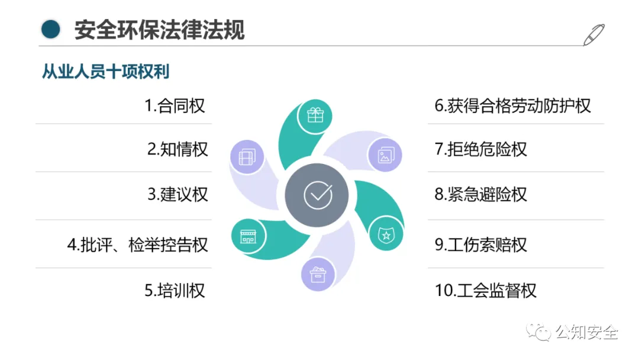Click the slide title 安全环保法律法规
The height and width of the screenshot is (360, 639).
159,29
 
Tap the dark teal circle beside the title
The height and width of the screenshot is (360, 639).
51,29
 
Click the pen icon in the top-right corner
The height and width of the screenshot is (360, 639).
593,34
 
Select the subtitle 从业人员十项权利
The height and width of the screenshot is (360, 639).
105,72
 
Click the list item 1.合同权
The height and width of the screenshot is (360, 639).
175,106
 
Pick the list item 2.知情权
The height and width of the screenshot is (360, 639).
177,149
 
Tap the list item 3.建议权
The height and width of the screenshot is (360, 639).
177,194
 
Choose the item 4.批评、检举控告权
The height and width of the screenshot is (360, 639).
137,245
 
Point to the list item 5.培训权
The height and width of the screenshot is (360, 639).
175,291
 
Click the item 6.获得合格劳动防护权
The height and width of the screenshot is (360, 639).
512,106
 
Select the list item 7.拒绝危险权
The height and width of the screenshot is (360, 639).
480,149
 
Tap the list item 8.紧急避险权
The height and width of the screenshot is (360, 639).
480,194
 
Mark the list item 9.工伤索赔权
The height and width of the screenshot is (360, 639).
480,245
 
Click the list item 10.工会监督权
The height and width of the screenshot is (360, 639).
485,291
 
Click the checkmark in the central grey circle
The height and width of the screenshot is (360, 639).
318,194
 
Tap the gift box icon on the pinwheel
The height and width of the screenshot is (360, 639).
315,115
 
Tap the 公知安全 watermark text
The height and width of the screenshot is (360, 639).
586,333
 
